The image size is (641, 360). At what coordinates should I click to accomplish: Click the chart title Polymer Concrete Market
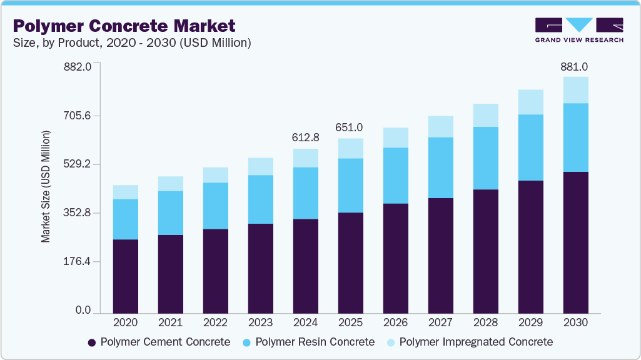pyautogui.click(x=124, y=26)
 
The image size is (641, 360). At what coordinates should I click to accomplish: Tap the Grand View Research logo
pyautogui.click(x=579, y=30)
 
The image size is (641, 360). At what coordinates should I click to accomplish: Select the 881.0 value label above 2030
pyautogui.click(x=575, y=66)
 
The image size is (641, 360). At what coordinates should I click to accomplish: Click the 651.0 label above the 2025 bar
pyautogui.click(x=350, y=127)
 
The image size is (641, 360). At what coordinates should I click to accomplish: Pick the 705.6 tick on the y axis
pyautogui.click(x=76, y=116)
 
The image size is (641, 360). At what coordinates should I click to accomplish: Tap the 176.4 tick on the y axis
pyautogui.click(x=76, y=261)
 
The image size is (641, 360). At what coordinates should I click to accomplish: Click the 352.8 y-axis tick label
pyautogui.click(x=76, y=213)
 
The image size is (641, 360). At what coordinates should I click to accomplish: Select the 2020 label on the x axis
pyautogui.click(x=125, y=323)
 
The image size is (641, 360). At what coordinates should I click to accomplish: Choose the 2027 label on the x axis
pyautogui.click(x=440, y=323)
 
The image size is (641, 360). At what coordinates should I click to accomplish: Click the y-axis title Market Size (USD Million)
pyautogui.click(x=46, y=187)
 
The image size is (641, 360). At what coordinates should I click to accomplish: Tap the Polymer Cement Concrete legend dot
pyautogui.click(x=92, y=342)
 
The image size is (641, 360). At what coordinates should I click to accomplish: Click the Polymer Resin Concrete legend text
pyautogui.click(x=315, y=342)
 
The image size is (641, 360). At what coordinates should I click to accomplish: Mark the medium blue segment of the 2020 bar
pyautogui.click(x=125, y=219)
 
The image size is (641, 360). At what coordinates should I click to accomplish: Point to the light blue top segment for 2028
pyautogui.click(x=485, y=115)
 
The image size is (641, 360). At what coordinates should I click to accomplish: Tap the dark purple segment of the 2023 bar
pyautogui.click(x=260, y=268)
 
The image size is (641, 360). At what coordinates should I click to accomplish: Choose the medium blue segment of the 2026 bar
pyautogui.click(x=395, y=176)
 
